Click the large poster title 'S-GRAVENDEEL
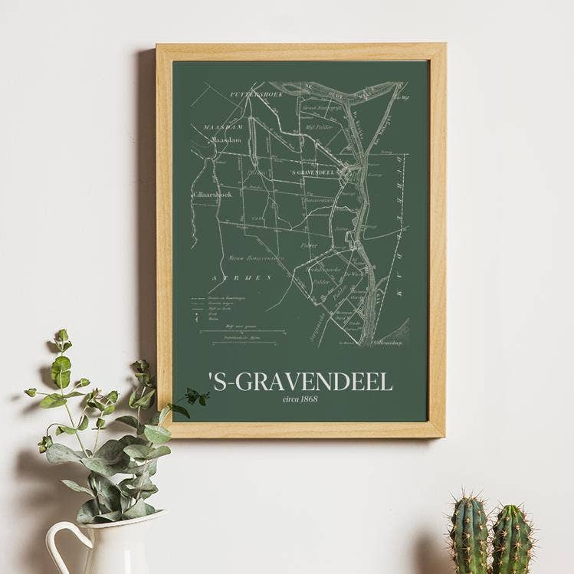(300, 382)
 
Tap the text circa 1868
(300, 399)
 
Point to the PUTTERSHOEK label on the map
(257, 94)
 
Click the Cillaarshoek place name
(212, 195)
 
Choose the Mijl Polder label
(319, 127)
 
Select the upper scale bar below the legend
(243, 332)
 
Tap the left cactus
(469, 535)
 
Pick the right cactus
(512, 540)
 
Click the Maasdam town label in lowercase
(226, 139)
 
